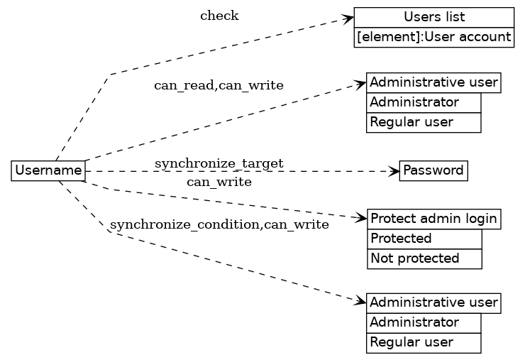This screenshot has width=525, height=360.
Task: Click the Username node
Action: (48, 171)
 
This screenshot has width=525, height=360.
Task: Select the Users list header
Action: (433, 17)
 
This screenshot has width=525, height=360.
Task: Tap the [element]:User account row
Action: (433, 37)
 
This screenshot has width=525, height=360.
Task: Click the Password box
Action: (433, 171)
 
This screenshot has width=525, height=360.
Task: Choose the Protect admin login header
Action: (433, 219)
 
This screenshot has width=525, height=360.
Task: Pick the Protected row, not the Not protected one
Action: (424, 239)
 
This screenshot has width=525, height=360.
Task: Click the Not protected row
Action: (424, 258)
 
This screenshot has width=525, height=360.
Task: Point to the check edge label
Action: (219, 16)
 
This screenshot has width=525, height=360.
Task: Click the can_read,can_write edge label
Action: (219, 86)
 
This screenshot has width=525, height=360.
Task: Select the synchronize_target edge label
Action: (219, 164)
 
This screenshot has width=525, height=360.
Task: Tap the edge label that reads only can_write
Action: (219, 182)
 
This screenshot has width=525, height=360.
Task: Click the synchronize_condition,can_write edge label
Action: (219, 225)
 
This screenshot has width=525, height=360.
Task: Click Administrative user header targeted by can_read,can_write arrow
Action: (433, 82)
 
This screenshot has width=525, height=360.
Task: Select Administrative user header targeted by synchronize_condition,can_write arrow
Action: (433, 303)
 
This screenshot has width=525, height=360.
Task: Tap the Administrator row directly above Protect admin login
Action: (424, 102)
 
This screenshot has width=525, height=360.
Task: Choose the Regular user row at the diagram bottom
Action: (424, 342)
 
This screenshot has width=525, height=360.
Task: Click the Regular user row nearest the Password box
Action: (424, 122)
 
